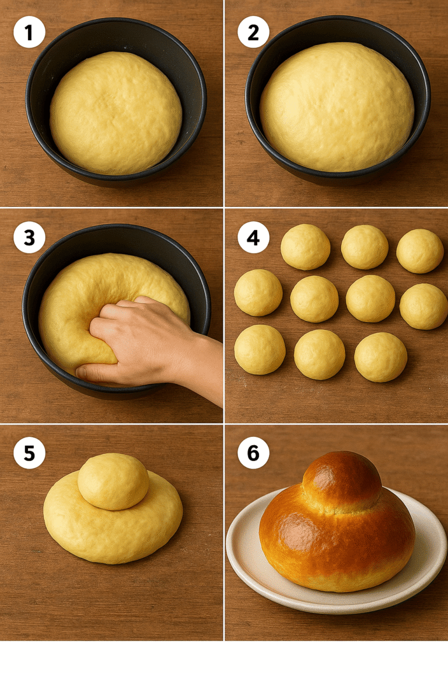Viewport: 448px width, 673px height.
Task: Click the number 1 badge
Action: [29, 32]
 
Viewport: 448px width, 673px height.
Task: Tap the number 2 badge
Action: [253, 32]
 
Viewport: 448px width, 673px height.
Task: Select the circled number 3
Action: [29, 238]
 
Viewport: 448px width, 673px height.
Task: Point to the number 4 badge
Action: [253, 238]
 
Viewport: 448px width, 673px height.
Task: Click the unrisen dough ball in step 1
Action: [116, 112]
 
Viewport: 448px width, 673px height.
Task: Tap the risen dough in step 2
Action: [337, 106]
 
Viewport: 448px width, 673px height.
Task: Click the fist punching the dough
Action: [131, 339]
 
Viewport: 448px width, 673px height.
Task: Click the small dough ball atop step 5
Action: [113, 481]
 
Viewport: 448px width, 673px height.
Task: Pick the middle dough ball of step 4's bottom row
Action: [319, 354]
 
